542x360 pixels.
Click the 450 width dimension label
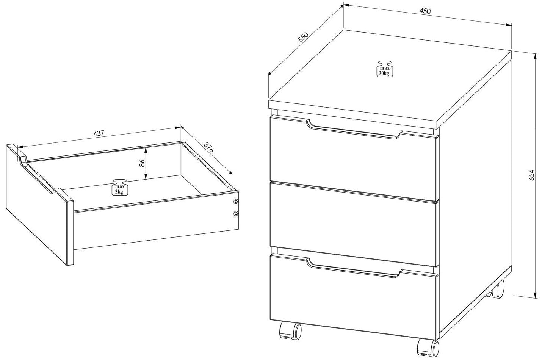tap(425, 11)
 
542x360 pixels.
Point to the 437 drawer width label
tap(99, 133)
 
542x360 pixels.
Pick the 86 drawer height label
tap(142, 163)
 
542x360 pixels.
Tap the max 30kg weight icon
tap(384, 69)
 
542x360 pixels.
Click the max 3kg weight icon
tap(120, 187)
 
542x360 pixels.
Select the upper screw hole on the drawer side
tap(236, 201)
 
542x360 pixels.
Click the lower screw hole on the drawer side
tap(236, 213)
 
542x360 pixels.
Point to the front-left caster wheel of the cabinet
tap(291, 330)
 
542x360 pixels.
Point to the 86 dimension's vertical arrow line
tap(146, 164)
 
